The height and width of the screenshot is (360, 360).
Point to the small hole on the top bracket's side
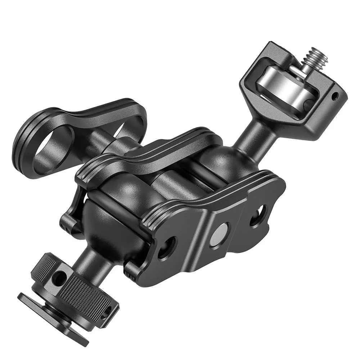click(336, 96)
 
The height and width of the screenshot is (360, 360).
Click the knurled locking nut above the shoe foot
click(72, 284)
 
